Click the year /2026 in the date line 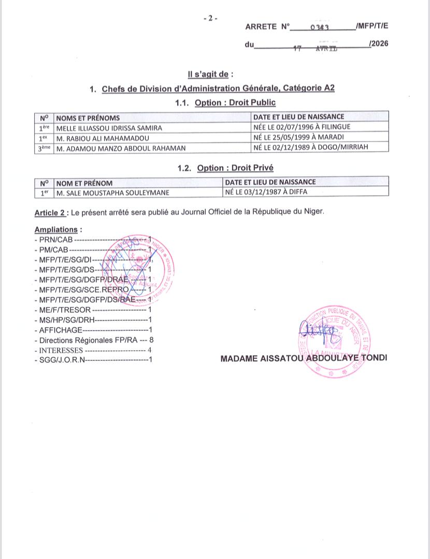point(378,45)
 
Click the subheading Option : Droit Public point(235,102)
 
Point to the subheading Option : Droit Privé point(235,168)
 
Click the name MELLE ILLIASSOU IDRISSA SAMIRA point(109,127)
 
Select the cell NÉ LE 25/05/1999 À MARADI point(299,137)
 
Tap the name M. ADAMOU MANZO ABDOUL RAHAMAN point(121,148)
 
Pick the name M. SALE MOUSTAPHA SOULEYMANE point(112,193)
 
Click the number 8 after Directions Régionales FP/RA point(151,340)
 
